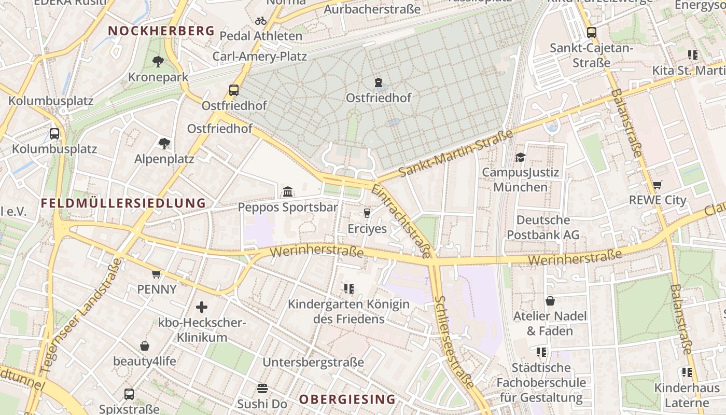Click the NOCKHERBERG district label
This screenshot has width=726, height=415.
click(161, 31)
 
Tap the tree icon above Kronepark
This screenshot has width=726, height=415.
click(158, 62)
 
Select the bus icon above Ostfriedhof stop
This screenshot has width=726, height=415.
click(234, 90)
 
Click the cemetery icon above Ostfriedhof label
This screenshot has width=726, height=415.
click(379, 82)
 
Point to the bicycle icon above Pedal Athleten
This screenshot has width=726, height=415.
click(261, 21)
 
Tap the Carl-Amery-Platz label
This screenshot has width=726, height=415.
click(259, 56)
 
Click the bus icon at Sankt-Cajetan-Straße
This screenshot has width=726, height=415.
click(592, 33)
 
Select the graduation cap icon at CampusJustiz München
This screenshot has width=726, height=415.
click(520, 157)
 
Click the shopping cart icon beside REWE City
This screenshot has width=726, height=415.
click(658, 185)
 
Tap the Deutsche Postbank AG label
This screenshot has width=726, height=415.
click(543, 227)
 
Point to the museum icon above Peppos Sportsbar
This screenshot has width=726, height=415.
click(288, 192)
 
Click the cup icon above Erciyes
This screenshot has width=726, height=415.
click(367, 213)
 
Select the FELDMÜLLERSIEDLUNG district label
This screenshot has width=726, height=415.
click(123, 203)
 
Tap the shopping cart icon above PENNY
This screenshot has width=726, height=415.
click(157, 273)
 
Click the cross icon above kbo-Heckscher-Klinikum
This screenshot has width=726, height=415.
click(202, 307)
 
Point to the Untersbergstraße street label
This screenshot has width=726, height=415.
click(313, 362)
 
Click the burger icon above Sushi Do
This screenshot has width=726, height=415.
click(262, 389)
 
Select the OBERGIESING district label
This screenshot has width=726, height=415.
click(347, 399)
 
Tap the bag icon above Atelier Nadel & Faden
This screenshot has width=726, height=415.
click(550, 301)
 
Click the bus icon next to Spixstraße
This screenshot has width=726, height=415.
click(129, 394)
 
